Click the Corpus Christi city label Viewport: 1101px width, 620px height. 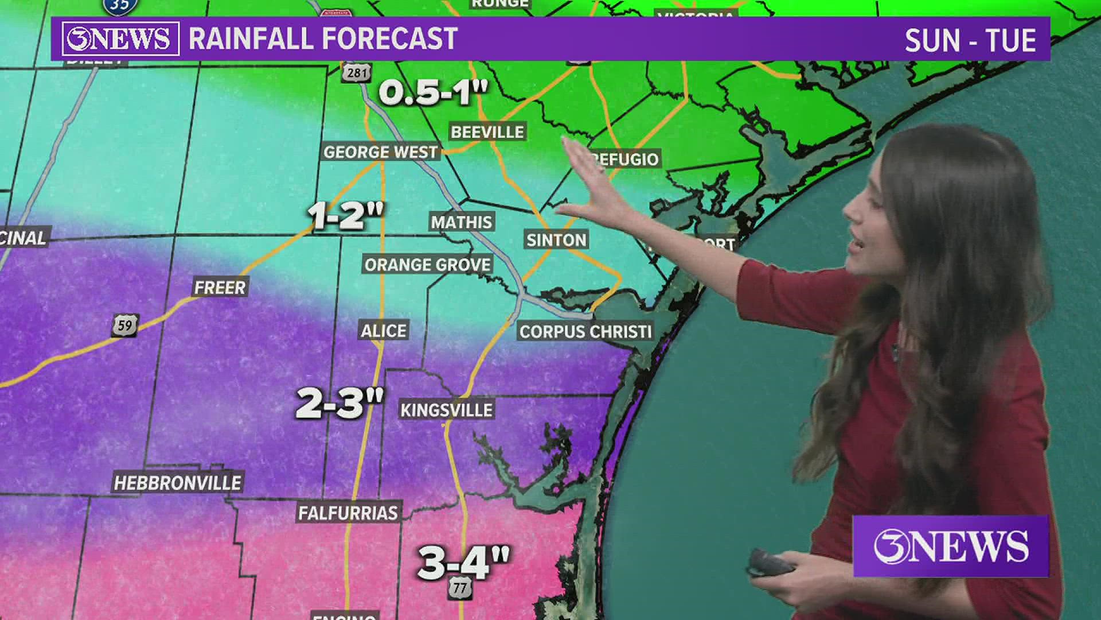coord(585,331)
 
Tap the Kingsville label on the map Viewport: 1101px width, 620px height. coord(446,410)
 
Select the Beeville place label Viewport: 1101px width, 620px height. coord(487,131)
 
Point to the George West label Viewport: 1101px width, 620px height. coord(380,152)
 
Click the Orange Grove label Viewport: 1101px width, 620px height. coord(428,265)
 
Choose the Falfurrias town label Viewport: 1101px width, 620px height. coord(348,513)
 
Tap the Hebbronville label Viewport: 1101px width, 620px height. coord(178,483)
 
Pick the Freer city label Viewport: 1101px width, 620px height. coord(220,287)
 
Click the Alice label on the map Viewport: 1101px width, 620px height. coord(383,331)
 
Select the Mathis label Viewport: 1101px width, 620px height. coord(461,222)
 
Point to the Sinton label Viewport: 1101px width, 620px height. coord(556,240)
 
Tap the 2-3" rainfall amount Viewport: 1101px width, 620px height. coord(339,402)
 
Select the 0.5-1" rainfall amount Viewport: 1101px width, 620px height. coord(433,91)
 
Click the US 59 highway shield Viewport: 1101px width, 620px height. coord(125,325)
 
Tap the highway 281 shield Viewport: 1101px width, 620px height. coord(357,72)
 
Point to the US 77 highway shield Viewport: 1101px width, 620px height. coord(460,588)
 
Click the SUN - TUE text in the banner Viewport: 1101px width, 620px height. coord(970,40)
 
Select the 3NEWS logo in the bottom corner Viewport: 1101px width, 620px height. coord(951,546)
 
